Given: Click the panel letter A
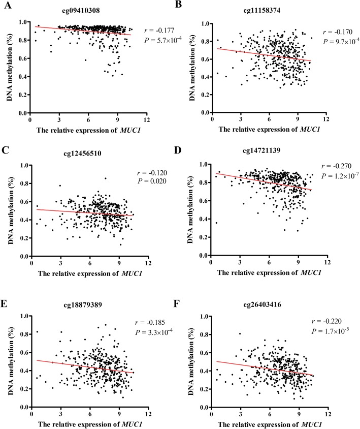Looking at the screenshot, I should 5,5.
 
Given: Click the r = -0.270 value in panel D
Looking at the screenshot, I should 337,166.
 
